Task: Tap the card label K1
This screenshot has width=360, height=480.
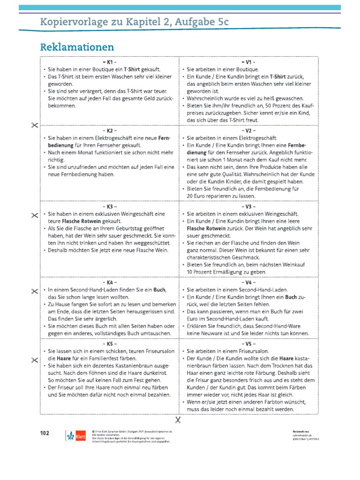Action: click(109, 62)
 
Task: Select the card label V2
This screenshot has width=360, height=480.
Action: click(248, 130)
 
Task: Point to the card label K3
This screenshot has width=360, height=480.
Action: click(109, 206)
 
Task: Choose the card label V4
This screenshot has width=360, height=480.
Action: click(248, 283)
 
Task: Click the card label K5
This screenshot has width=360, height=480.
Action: click(109, 344)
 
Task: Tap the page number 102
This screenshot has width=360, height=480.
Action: click(45, 432)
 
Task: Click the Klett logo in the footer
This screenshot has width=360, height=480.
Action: click(75, 435)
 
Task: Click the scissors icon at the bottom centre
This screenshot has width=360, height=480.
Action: click(178, 419)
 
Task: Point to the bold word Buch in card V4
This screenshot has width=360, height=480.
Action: click(291, 297)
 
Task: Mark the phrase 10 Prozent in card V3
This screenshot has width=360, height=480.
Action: click(200, 272)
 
